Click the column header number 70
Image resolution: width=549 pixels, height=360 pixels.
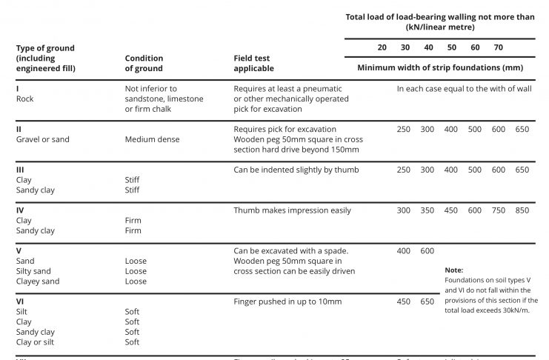point(498,47)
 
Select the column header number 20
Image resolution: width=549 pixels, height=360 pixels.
point(382,47)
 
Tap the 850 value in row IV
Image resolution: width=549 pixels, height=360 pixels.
point(522,210)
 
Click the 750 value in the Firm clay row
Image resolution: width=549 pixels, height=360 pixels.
point(498,210)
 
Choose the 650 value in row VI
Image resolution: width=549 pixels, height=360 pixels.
point(427,301)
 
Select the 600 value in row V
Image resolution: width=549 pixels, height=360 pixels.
point(427,251)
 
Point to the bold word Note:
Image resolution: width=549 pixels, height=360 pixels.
point(454,270)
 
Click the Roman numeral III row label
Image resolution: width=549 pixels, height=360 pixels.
point(21,170)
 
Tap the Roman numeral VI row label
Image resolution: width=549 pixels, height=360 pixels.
point(21,301)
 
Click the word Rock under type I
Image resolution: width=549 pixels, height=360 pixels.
point(24,99)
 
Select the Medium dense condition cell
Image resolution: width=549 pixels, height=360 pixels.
point(152,139)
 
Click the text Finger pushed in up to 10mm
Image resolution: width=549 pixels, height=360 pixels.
point(287,301)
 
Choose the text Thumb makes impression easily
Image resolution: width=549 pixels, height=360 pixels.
point(292,210)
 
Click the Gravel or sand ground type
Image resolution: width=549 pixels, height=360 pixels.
point(42,139)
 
